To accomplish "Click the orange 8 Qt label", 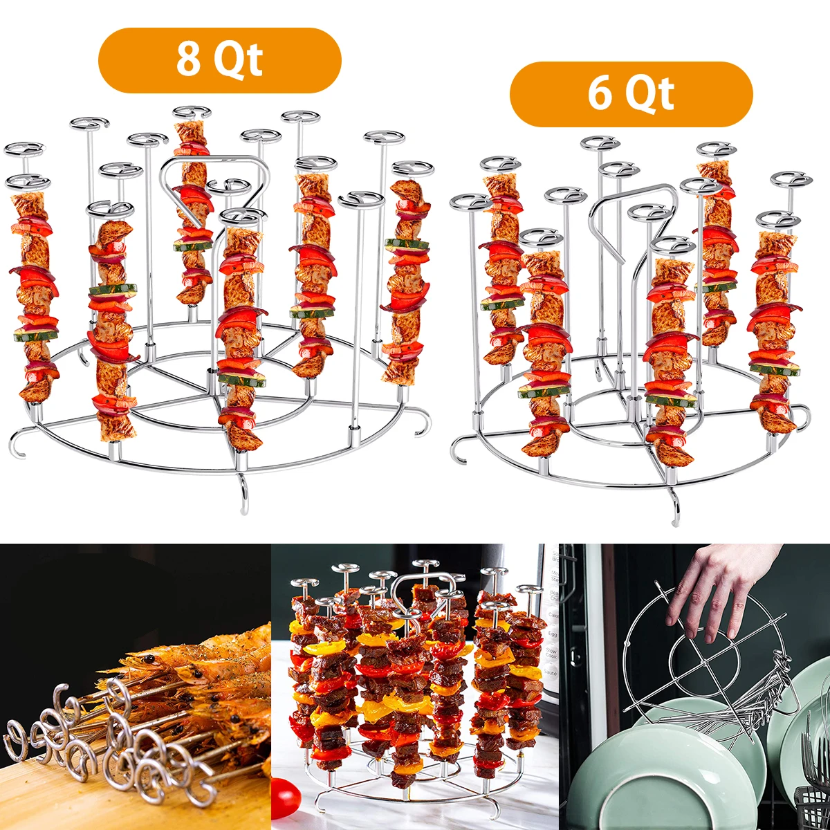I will pyautogui.click(x=220, y=60).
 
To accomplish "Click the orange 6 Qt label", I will pyautogui.click(x=631, y=94).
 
